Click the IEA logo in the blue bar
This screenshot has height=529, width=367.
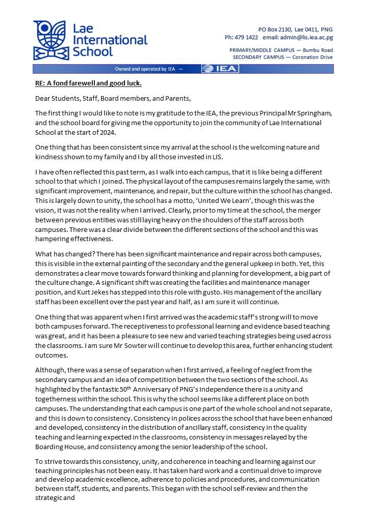220,69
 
